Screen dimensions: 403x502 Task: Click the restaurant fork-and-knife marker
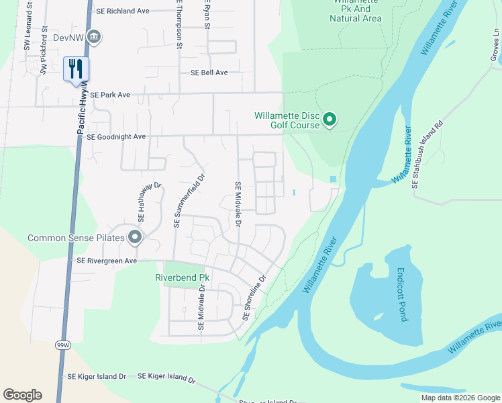coord(76,69)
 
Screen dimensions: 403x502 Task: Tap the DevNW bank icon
coord(95,37)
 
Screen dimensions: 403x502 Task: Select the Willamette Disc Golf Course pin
coord(330,120)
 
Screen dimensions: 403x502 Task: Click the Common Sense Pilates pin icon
coord(135,238)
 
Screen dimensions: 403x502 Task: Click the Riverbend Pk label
coord(183,277)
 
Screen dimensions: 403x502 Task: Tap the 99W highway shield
coord(63,345)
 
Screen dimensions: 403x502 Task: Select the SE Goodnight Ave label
coord(116,136)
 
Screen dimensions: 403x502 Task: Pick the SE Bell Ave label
coord(209,73)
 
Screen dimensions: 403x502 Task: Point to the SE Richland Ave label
coord(123,11)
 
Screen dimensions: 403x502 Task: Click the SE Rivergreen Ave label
coord(107,261)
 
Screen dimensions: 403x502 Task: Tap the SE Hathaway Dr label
coord(142,202)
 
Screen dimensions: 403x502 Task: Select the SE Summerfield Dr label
coord(178,201)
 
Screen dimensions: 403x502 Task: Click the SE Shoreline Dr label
coord(254,296)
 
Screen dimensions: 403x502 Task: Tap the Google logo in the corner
coord(22,395)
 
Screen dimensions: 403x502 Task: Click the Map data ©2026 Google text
coord(460,398)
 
